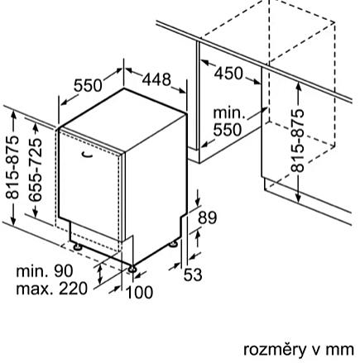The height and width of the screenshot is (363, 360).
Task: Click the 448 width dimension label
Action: tap(156, 79)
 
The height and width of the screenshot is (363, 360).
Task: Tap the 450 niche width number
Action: tap(228, 74)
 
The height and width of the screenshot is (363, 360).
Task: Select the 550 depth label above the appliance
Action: tap(88, 85)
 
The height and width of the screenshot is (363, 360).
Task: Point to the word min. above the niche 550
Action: tap(229, 113)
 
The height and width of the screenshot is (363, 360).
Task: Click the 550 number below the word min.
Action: tap(228, 130)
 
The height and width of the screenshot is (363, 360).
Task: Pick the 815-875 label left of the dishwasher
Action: tap(12, 167)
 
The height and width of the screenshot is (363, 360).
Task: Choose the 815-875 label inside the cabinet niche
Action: tap(298, 141)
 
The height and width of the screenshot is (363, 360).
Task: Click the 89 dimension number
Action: tap(208, 217)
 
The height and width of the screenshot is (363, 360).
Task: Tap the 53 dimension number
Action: tap(193, 275)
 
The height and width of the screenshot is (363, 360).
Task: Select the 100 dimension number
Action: tap(139, 293)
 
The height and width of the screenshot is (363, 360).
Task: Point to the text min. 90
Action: tap(45, 271)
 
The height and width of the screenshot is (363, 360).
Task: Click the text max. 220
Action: tap(52, 289)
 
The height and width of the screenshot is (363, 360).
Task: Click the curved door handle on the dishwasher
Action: tap(88, 155)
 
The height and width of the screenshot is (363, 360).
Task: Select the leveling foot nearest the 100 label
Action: tap(132, 269)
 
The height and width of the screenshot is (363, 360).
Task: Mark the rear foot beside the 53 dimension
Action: tap(174, 244)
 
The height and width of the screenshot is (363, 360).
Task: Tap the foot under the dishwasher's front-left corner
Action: tap(76, 246)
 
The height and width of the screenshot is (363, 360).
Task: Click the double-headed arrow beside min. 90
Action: tap(100, 274)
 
